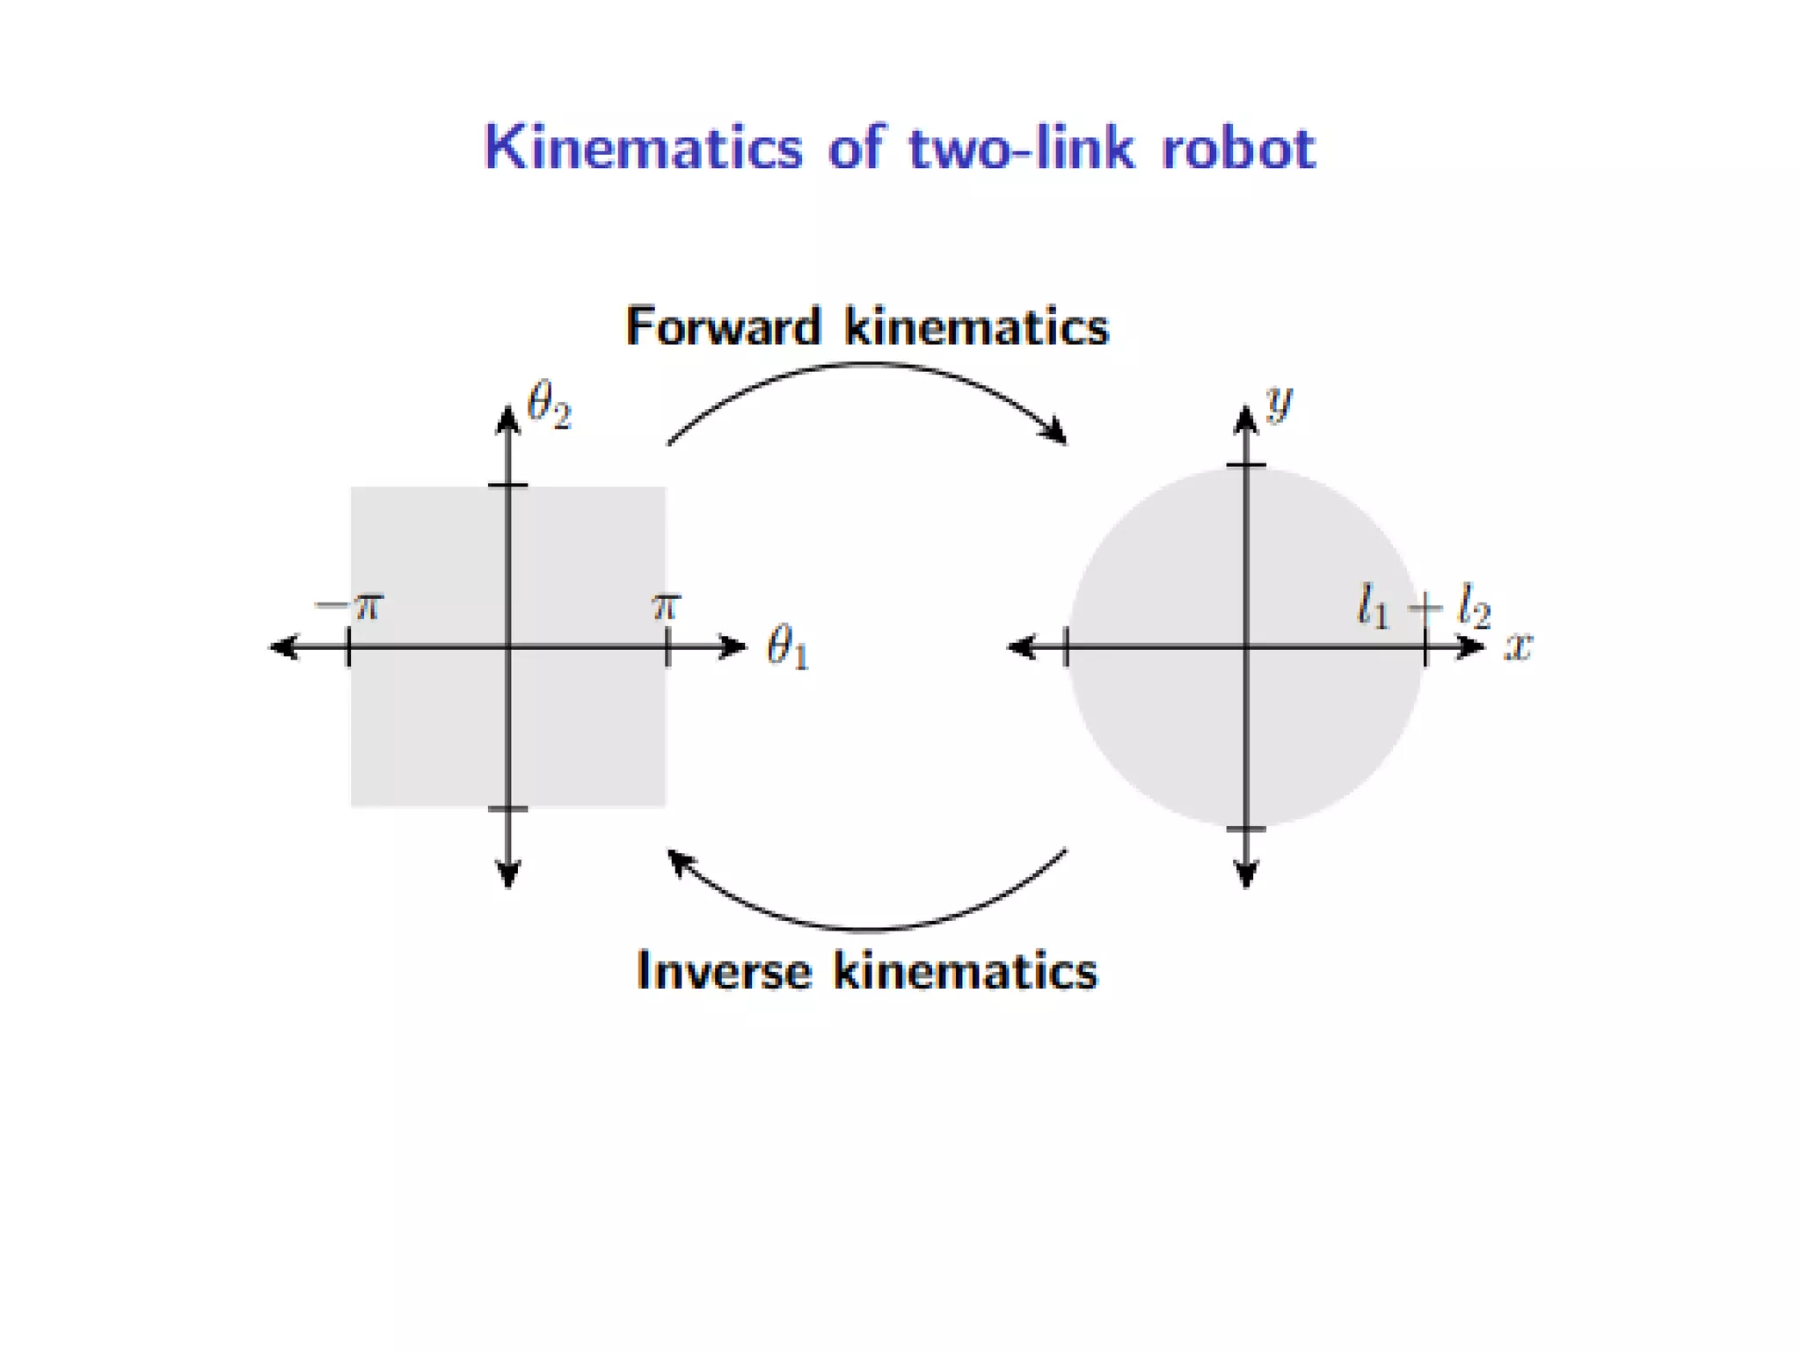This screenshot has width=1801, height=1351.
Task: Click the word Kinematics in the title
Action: (643, 148)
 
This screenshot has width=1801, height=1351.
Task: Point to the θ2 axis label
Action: (548, 406)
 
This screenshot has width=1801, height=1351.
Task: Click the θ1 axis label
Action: (787, 648)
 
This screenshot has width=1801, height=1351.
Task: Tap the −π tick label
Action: (349, 606)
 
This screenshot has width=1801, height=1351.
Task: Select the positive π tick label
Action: (666, 606)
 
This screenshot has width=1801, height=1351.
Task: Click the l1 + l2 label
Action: (1424, 608)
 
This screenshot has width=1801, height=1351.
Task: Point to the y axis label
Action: (1279, 403)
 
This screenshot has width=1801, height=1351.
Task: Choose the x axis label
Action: (1518, 646)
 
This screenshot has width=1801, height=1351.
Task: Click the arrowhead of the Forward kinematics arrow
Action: (1055, 433)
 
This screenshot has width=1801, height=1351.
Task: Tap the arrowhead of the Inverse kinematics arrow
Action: (678, 860)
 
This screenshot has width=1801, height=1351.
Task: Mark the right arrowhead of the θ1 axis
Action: (734, 647)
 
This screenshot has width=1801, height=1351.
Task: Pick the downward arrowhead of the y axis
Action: (1245, 876)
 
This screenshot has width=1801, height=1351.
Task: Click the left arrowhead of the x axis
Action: (1021, 647)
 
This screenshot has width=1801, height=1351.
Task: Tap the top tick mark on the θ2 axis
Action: (507, 485)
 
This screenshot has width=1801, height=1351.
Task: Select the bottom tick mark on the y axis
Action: (1245, 829)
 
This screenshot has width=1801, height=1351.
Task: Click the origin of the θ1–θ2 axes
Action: (507, 647)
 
